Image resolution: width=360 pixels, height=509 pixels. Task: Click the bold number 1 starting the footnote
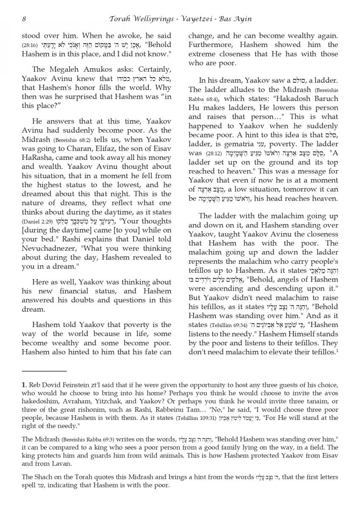[23, 385]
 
